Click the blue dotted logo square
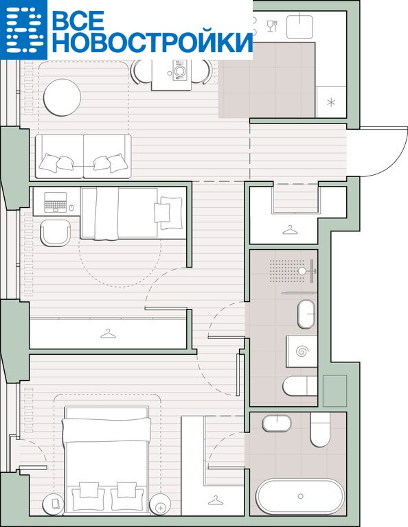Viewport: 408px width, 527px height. tap(23, 30)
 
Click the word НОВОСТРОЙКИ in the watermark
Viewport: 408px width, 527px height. tap(152, 43)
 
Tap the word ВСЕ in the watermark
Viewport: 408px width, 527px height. tap(78, 20)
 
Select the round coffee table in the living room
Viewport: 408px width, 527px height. tap(63, 97)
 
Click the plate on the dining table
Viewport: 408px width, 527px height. tap(179, 71)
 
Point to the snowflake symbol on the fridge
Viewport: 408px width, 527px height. tap(331, 102)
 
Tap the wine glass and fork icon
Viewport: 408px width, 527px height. tap(272, 26)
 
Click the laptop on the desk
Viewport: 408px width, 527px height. tap(56, 202)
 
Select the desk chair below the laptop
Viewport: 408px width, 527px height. tap(56, 233)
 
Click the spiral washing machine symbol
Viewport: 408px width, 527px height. tap(302, 351)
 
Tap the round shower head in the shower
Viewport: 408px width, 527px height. tap(302, 271)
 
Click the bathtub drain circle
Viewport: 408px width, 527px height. tap(300, 496)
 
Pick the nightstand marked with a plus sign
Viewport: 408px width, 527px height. tap(161, 504)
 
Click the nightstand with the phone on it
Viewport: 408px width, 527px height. tap(54, 504)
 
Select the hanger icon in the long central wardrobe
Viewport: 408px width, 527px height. tap(108, 334)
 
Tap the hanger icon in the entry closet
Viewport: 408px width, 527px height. tap(291, 230)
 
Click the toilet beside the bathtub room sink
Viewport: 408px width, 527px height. tap(320, 429)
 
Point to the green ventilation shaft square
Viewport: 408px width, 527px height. tap(335, 390)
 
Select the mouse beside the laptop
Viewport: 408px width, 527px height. tap(71, 208)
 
